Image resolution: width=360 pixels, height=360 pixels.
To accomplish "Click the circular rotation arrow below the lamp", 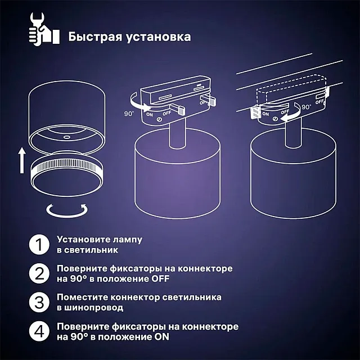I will (x=66, y=210).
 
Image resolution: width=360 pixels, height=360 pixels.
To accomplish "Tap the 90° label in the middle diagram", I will (x=129, y=114).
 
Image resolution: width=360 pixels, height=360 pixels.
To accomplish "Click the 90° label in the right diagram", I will (x=306, y=106).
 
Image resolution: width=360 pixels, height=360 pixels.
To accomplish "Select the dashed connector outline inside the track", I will (x=291, y=93).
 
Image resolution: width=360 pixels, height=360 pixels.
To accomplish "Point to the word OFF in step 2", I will (x=157, y=279).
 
